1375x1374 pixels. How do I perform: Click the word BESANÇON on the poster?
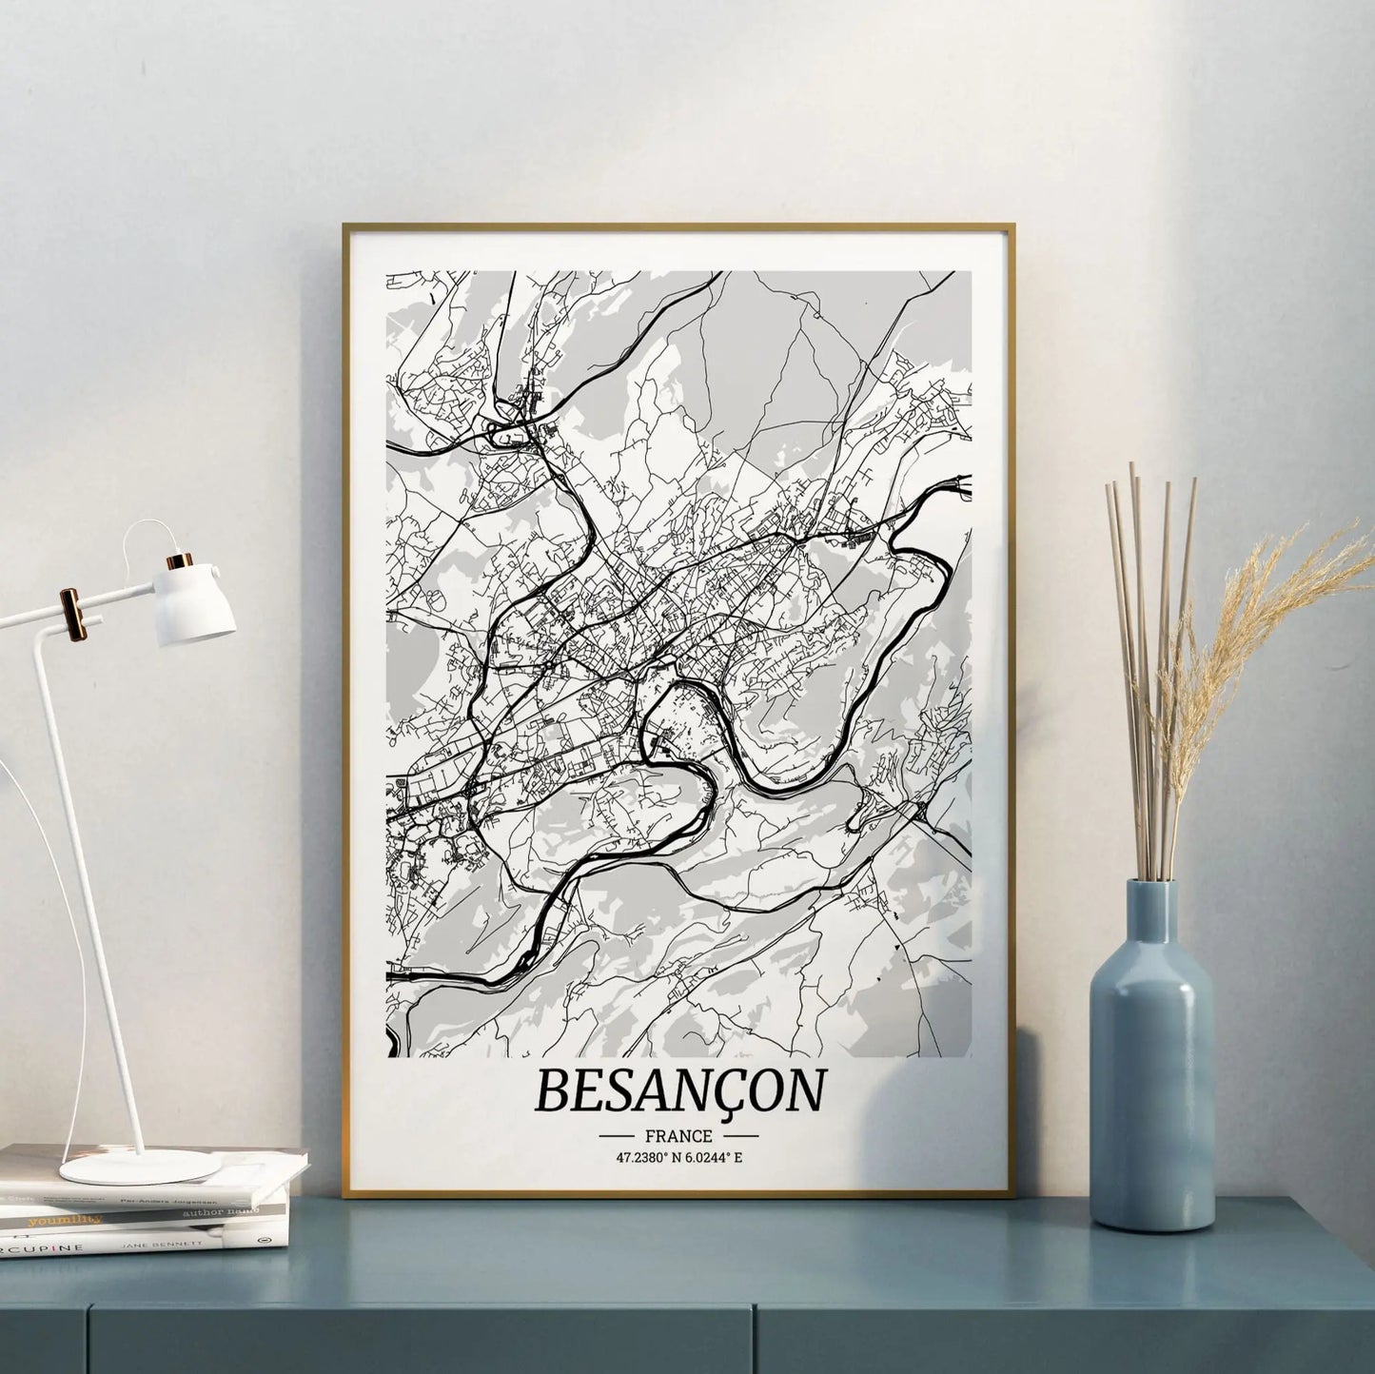[x=678, y=1090]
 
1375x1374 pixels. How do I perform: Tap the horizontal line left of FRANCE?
[x=618, y=1136]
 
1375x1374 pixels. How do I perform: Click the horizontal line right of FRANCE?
[x=739, y=1136]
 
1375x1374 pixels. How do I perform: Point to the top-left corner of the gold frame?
[x=345, y=226]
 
